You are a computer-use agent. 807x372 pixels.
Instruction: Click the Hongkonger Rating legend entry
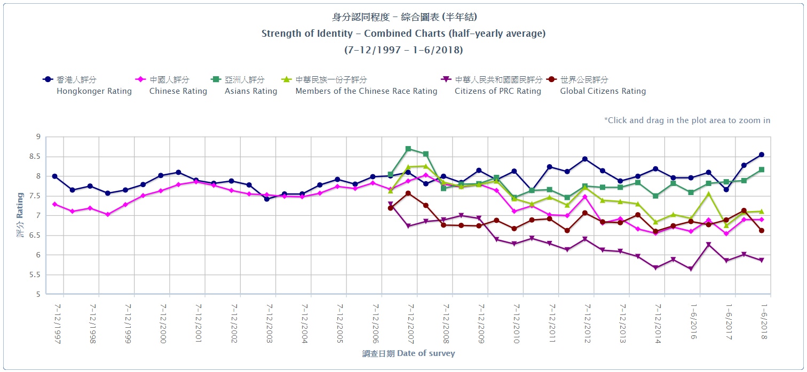pos(87,85)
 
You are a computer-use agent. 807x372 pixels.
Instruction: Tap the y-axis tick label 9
pos(38,137)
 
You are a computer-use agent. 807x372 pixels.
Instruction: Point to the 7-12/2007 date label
pos(412,324)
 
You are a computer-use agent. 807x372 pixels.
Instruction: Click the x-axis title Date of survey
pos(408,353)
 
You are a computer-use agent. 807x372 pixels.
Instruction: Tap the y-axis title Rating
pos(20,216)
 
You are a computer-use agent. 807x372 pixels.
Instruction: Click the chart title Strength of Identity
pos(403,34)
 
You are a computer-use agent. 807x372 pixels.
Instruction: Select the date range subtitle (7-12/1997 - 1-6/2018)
pos(403,50)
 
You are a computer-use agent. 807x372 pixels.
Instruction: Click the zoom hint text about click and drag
pos(687,120)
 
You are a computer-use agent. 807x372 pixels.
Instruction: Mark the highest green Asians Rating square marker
pos(408,149)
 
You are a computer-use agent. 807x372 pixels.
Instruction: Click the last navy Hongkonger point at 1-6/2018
pos(762,155)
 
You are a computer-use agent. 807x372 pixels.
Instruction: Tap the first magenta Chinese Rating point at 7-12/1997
pos(54,204)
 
